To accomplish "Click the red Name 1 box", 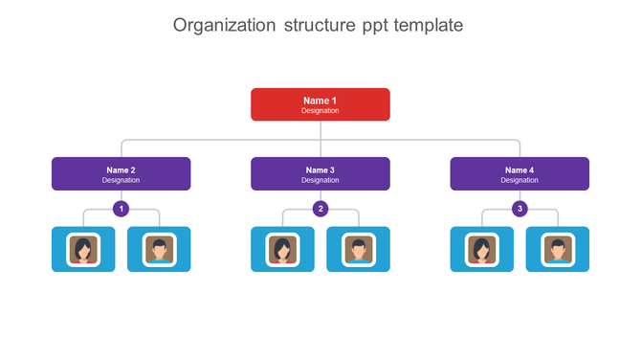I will coord(320,104).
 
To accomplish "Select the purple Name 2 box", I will coord(121,174).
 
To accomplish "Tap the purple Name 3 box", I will coord(320,174).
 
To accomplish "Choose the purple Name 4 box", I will coord(519,174).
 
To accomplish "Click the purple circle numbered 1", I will coord(122,209).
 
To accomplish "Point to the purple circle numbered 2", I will coord(320,209).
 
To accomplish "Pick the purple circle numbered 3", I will coord(519,209).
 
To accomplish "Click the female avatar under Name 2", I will coord(83,249).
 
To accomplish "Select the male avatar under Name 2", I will coord(159,249).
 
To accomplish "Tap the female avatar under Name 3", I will coord(282,249).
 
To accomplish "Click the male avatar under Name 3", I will coord(358,249).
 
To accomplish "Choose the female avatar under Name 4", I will coord(481,249).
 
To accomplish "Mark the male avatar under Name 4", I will coord(557,249).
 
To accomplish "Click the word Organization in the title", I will coord(224,25).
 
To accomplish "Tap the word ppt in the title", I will coord(362,26).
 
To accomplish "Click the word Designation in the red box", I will coord(320,111).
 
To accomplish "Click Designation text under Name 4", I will coord(519,180).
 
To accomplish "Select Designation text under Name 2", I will coord(121,180).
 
